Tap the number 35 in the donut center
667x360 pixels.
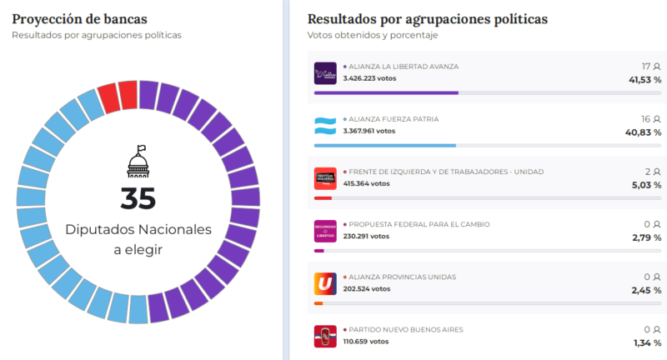[138, 198]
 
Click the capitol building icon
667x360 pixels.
[138, 161]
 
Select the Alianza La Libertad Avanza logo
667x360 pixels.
[325, 73]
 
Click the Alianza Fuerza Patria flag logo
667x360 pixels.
[325, 126]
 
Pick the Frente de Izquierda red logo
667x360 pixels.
[325, 178]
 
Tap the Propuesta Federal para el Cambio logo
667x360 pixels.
[325, 231]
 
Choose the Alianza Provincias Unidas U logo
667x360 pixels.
[325, 283]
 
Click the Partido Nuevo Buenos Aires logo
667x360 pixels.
[325, 336]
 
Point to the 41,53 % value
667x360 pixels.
[645, 80]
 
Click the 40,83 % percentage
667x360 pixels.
[645, 132]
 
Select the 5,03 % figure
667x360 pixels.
[648, 185]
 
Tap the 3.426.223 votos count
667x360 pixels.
[369, 78]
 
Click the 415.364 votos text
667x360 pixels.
[366, 183]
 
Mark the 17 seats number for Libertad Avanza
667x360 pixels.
[645, 67]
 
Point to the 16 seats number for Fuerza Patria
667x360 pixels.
[645, 119]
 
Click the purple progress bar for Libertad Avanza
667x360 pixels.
[386, 93]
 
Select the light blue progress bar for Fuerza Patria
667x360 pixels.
[384, 146]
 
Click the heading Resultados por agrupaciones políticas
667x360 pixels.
[428, 18]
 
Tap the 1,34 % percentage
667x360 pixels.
[648, 342]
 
